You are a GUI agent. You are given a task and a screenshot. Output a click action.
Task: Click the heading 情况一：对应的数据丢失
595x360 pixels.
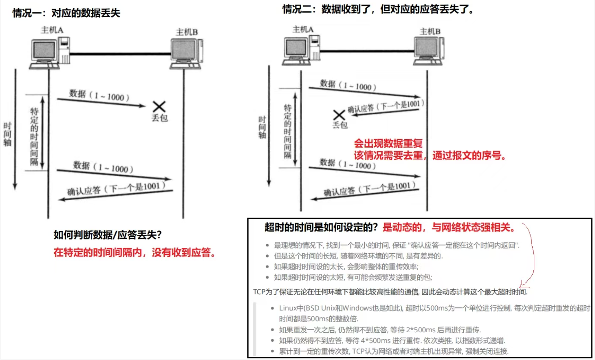coord(66,13)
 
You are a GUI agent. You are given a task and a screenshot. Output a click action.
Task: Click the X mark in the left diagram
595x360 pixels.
coord(159,107)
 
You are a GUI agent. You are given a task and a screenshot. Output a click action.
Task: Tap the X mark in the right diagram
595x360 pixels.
coord(339,115)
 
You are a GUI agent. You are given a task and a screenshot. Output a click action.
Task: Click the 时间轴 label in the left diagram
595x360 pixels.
coord(7,134)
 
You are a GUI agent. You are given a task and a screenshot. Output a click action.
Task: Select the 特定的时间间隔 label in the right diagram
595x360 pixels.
coord(288,131)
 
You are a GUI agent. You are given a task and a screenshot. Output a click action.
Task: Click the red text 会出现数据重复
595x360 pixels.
coord(388,144)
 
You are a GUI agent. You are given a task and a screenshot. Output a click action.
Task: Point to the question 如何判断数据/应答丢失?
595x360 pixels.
coord(108,235)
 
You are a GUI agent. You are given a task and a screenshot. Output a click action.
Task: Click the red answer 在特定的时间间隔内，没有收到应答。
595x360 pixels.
coord(134,253)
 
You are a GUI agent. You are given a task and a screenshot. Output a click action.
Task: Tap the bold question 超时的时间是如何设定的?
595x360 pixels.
coord(321,227)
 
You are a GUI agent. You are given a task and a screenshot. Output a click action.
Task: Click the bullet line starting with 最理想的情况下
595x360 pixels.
coord(396,245)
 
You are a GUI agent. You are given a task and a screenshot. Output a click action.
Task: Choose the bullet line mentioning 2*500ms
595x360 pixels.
coord(380,330)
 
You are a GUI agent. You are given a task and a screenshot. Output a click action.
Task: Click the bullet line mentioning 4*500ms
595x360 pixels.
coord(392,340)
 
